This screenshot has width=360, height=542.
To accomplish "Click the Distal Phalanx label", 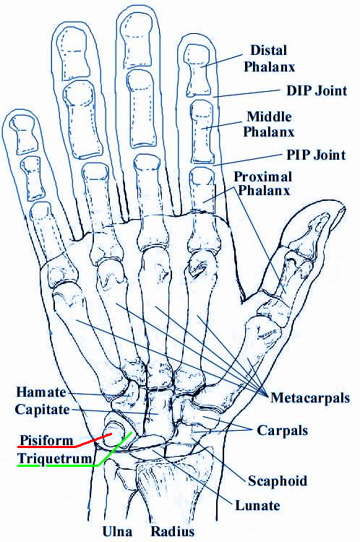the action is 269,58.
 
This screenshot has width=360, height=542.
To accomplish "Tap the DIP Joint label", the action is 317,90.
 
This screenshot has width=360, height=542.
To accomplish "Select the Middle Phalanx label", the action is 269,124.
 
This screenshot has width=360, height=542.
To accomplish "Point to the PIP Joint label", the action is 316,155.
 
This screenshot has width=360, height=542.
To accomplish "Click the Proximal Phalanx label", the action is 263,184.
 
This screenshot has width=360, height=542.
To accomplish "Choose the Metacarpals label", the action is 310,397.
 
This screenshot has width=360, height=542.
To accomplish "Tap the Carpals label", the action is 282,431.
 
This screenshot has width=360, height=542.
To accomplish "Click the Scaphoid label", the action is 278,481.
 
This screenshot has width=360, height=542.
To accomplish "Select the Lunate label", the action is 257,505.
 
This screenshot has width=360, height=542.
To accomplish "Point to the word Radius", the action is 173,531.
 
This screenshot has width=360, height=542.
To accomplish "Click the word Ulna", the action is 117,531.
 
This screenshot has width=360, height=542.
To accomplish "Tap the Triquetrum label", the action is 55,459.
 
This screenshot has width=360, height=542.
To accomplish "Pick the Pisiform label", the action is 46,440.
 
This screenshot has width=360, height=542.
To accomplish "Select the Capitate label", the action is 42,410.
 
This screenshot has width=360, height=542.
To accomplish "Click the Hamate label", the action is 40,392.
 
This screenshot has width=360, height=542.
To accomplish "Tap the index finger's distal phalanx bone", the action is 198,70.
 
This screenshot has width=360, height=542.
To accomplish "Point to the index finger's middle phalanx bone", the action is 202,132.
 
